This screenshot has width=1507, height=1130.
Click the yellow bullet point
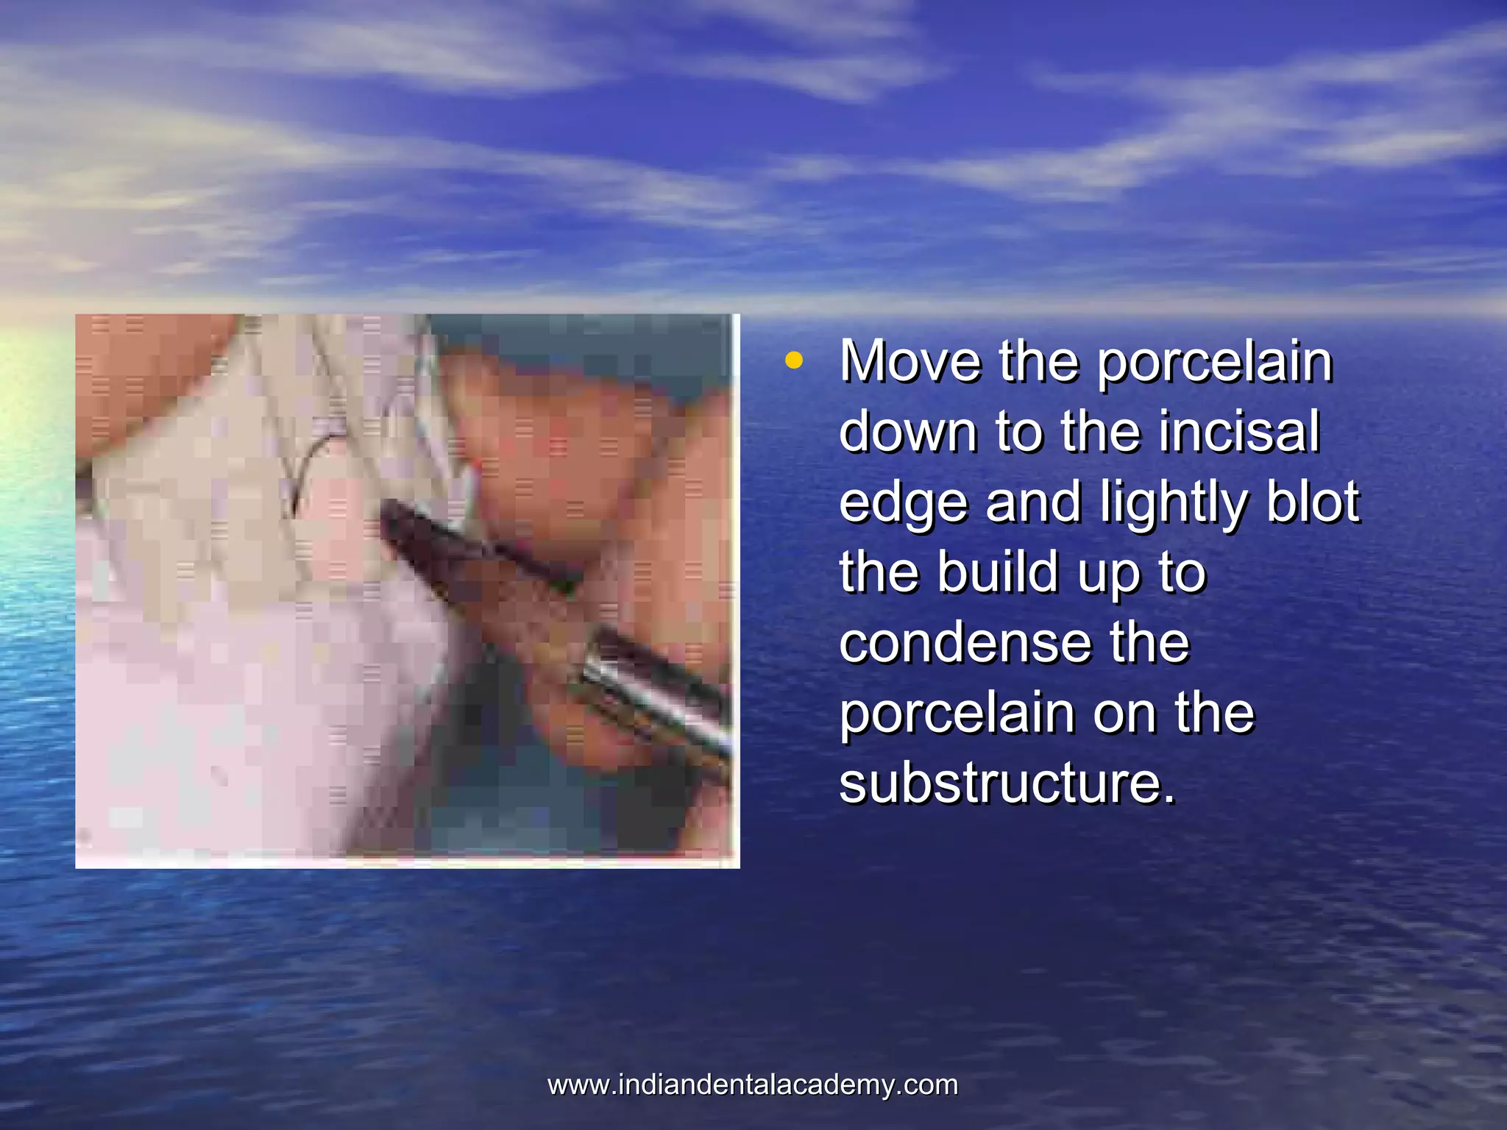point(792,360)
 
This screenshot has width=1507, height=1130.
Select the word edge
point(903,504)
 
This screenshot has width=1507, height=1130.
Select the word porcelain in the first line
point(1214,363)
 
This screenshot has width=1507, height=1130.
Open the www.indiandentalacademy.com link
point(753,1085)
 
